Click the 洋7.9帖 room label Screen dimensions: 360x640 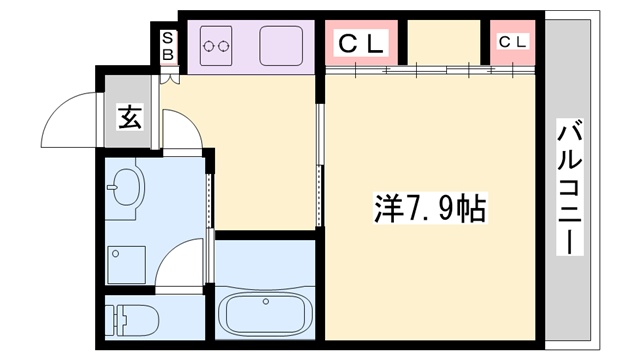(429, 209)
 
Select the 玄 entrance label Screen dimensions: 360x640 (131, 117)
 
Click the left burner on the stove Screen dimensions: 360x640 (209, 43)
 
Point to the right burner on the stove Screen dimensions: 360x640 (225, 43)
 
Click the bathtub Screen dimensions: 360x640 (265, 311)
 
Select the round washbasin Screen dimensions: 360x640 (126, 187)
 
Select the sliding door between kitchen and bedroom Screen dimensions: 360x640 (319, 165)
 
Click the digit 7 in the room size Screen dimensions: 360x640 (413, 209)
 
